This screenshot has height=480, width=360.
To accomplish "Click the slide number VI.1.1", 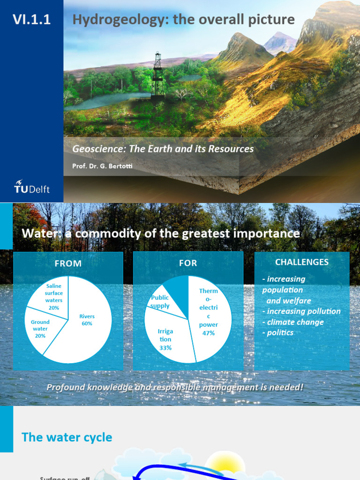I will pyautogui.click(x=31, y=20).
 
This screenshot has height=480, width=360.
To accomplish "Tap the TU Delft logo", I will pyautogui.click(x=31, y=187).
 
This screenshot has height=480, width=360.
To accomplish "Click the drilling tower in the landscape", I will pyautogui.click(x=157, y=75).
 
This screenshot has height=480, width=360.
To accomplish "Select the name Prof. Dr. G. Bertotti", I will pyautogui.click(x=102, y=166).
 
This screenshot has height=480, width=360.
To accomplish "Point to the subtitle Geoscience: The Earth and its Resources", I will pyautogui.click(x=163, y=149).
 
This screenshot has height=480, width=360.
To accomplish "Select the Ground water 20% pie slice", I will pyautogui.click(x=40, y=329).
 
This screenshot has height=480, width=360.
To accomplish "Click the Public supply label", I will pyautogui.click(x=160, y=302).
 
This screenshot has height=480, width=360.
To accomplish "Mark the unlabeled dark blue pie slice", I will pyautogui.click(x=178, y=286).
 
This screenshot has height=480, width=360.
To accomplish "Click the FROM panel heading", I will pyautogui.click(x=68, y=263).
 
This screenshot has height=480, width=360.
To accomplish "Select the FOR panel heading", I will pyautogui.click(x=188, y=263).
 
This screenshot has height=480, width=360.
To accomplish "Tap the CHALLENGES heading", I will pyautogui.click(x=302, y=262).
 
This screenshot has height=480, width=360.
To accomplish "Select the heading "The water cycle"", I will pyautogui.click(x=67, y=437).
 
